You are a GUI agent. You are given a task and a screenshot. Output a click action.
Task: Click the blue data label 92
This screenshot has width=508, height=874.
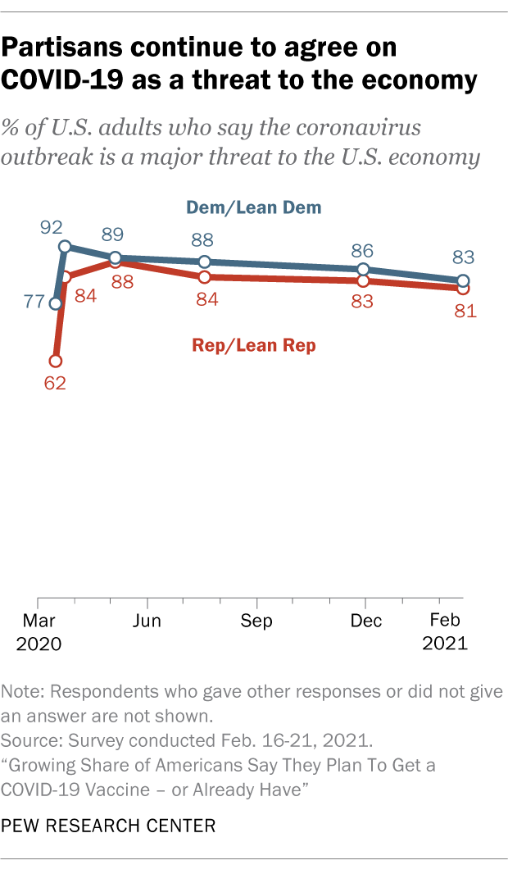tap(52, 223)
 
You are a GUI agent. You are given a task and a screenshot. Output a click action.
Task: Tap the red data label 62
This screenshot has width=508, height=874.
tap(55, 383)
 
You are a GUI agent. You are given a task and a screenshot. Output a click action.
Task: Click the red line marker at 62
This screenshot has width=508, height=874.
tap(55, 361)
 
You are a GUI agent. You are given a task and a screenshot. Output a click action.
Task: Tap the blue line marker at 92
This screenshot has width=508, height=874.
tap(64, 246)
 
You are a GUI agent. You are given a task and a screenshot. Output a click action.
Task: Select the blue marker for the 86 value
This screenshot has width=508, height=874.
tap(362, 269)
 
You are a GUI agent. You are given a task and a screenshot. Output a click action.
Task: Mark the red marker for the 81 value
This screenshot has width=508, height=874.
tap(463, 288)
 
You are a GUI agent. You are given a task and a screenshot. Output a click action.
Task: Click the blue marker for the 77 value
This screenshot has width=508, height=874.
tap(55, 303)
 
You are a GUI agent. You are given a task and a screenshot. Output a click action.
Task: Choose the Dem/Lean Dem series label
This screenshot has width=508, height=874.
tap(256, 207)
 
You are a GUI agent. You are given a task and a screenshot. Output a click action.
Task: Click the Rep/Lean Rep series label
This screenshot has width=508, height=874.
tap(254, 345)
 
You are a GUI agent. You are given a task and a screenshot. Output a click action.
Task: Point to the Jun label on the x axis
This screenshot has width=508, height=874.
tap(147, 621)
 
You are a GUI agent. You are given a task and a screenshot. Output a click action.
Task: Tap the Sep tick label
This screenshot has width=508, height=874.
tap(256, 621)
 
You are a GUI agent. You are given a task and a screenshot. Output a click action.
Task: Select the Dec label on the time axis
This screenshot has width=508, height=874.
tap(365, 621)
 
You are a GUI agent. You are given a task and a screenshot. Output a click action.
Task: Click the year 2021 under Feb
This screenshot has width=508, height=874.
tap(445, 644)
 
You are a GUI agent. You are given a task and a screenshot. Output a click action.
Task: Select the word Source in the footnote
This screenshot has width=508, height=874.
tap(29, 741)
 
